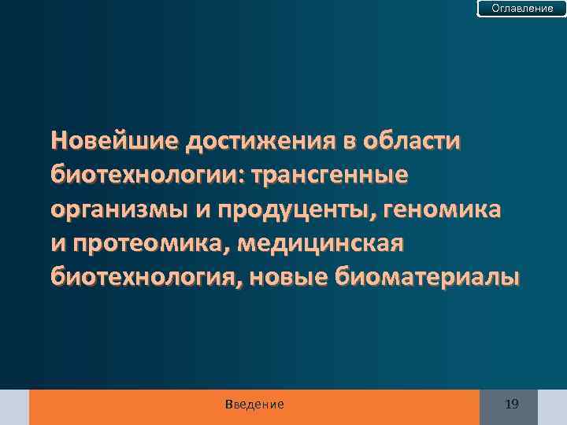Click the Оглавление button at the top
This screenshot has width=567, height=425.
click(522, 9)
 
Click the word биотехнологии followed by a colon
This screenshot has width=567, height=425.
click(145, 176)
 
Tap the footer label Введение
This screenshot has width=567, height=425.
click(254, 405)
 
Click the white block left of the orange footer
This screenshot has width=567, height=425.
click(14, 407)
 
